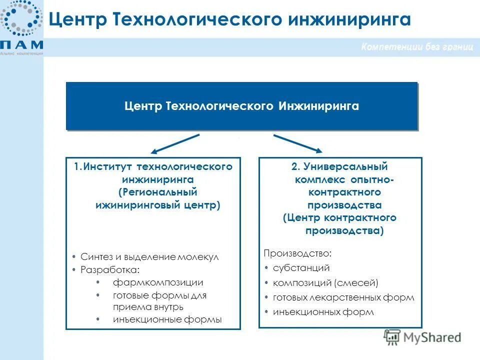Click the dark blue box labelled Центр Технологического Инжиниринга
click(x=241, y=106)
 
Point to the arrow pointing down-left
click(x=176, y=143)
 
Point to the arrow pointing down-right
click(x=298, y=143)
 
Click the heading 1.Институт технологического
click(x=153, y=166)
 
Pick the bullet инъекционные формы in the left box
click(x=167, y=319)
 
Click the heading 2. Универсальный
click(x=339, y=166)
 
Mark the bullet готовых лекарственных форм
click(x=343, y=297)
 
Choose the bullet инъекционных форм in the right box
click(x=323, y=312)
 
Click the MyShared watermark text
click(x=432, y=337)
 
